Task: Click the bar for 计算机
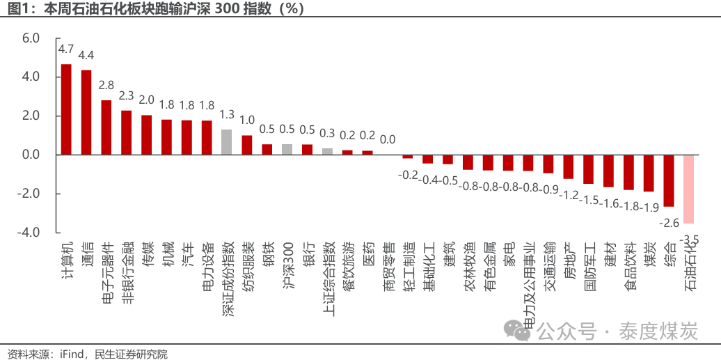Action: point(66,109)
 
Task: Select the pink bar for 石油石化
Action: point(688,189)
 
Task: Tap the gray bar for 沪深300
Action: point(287,150)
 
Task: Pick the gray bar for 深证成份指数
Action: point(227,142)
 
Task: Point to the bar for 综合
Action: point(669,181)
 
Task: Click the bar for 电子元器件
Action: point(106,127)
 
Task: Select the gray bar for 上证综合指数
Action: point(327,152)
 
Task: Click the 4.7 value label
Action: point(65,48)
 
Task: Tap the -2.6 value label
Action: point(669,224)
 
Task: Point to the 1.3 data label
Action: point(227,114)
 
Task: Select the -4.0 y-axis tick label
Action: point(29,233)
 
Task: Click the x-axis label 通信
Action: point(87,253)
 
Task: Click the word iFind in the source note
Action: point(72,354)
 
